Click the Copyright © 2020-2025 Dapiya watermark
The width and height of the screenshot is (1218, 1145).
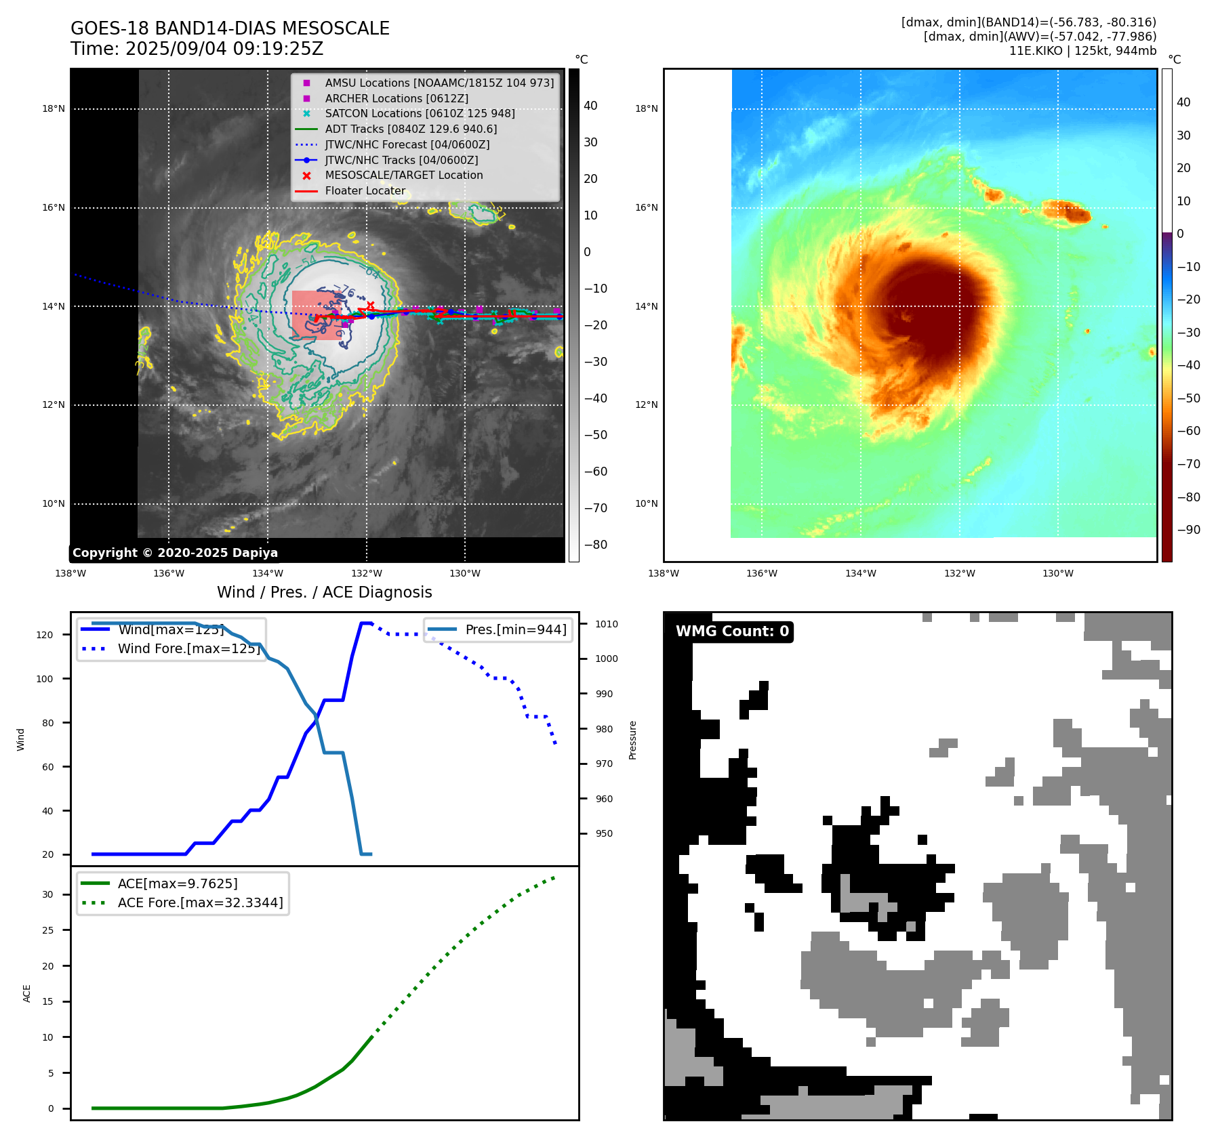click(x=175, y=553)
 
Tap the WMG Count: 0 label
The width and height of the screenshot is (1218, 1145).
click(x=732, y=631)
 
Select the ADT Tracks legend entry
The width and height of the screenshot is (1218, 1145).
click(x=411, y=129)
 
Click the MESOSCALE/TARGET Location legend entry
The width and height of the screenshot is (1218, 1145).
click(x=404, y=175)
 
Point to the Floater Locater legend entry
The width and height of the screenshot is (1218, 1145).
click(x=365, y=190)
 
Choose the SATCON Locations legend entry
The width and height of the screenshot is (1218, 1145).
click(x=420, y=113)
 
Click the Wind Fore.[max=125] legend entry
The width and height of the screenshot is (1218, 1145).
click(x=188, y=648)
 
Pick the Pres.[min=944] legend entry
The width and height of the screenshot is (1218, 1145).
click(x=515, y=629)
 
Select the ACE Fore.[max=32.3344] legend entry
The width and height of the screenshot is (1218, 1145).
click(x=200, y=902)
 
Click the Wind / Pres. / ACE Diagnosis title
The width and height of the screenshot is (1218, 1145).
click(x=324, y=592)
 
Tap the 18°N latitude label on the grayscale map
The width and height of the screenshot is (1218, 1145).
click(x=54, y=108)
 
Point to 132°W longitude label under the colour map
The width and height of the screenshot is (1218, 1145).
click(x=959, y=573)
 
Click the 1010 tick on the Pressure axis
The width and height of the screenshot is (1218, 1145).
click(x=607, y=624)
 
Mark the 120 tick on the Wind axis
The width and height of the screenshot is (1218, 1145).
click(x=45, y=635)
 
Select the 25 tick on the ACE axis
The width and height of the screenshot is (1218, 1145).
click(x=47, y=930)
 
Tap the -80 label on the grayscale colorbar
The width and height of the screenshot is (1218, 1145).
click(x=596, y=545)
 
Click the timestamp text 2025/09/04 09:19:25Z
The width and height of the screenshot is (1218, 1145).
click(x=224, y=49)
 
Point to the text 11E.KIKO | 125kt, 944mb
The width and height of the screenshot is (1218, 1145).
click(x=1082, y=51)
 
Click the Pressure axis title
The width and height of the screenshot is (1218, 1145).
click(x=632, y=740)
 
